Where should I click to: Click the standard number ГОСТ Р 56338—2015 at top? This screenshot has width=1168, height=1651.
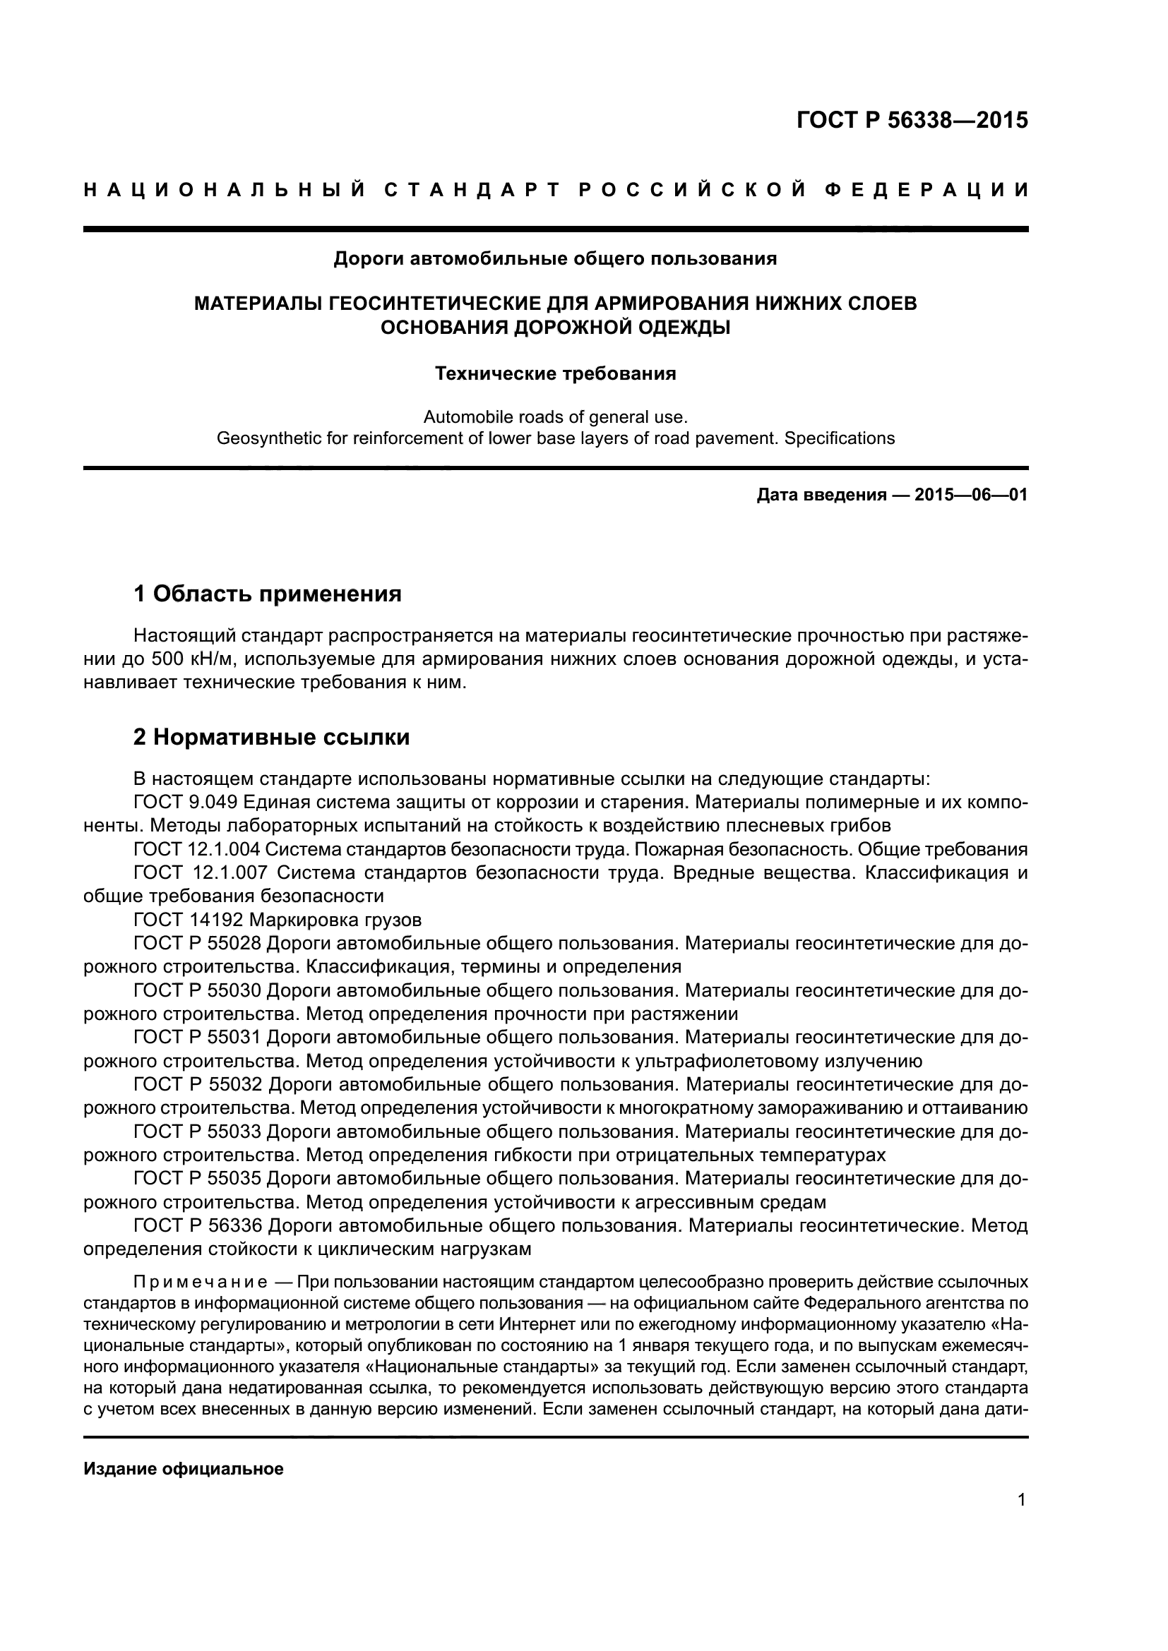pyautogui.click(x=912, y=121)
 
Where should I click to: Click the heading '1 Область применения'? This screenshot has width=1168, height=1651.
pyautogui.click(x=267, y=594)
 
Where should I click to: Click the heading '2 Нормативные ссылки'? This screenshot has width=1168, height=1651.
pyautogui.click(x=271, y=737)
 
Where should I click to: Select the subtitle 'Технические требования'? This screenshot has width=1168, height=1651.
pyautogui.click(x=555, y=374)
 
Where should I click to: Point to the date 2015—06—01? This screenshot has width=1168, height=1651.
pyautogui.click(x=971, y=496)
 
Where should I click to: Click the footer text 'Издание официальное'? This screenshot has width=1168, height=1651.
pyautogui.click(x=184, y=1469)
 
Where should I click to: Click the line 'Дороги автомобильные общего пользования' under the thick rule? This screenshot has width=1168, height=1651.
pyautogui.click(x=555, y=259)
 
